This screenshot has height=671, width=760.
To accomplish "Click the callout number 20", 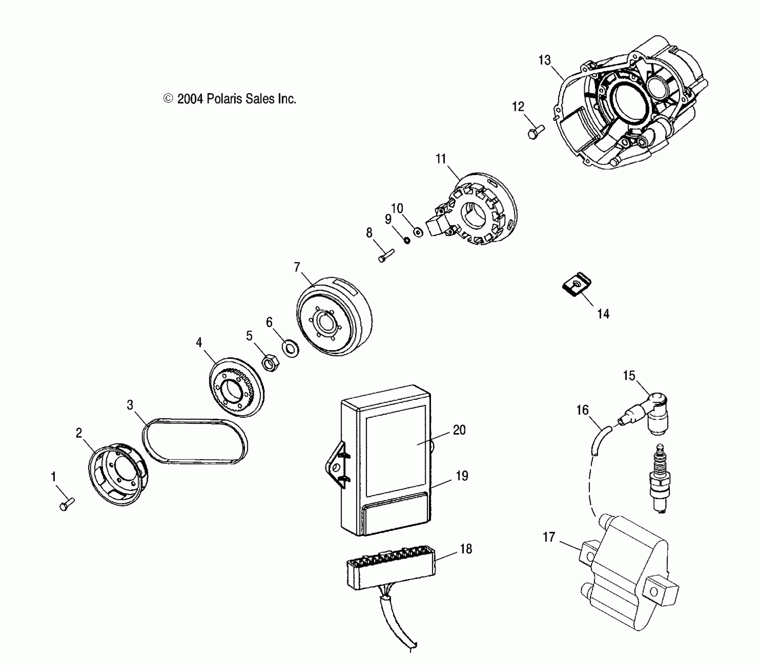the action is pyautogui.click(x=459, y=430).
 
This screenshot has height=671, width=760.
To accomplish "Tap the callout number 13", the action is pyautogui.click(x=544, y=60).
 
